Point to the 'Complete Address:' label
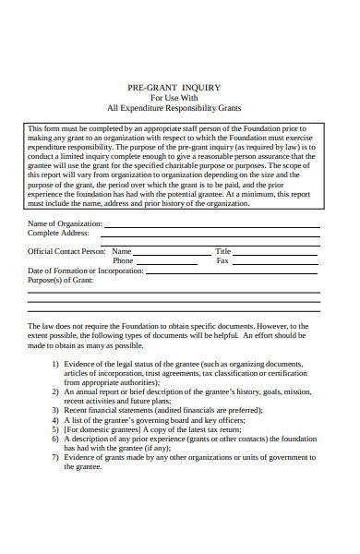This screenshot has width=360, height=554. [x=57, y=234]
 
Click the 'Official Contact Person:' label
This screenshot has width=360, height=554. [x=66, y=250]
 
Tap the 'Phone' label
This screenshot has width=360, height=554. [x=123, y=260]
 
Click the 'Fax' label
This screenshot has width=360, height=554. [x=222, y=260]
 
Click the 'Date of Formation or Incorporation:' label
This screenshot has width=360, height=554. [x=85, y=271]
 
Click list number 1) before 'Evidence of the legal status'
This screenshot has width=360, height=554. [x=55, y=365]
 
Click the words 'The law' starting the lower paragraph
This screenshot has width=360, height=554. [x=40, y=326]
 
